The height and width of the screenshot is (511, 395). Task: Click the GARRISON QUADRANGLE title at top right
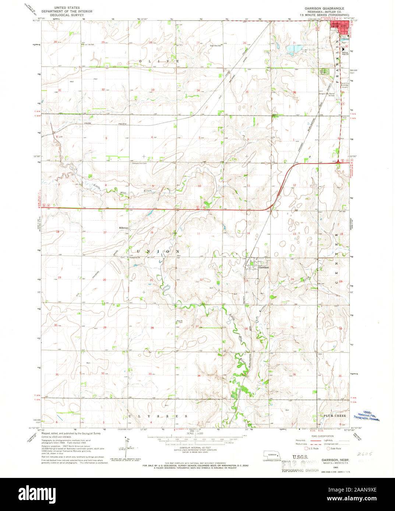click(x=324, y=8)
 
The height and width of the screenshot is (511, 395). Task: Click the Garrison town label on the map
click(x=264, y=268)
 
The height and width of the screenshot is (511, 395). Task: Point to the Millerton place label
click(x=123, y=228)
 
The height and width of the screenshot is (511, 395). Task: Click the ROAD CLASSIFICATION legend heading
click(x=311, y=436)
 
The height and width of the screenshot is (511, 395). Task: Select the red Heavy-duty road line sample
click(x=309, y=440)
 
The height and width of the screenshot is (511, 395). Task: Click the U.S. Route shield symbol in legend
click(x=305, y=449)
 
